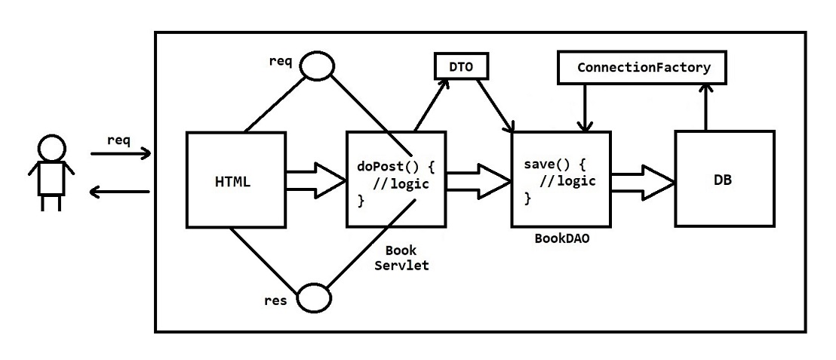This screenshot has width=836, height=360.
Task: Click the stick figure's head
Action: (50, 148)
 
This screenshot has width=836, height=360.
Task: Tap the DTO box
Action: (461, 67)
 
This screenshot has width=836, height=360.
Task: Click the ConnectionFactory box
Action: (644, 68)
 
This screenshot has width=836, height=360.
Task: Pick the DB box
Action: (724, 179)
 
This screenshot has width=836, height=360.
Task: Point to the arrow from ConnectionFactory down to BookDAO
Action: (584, 106)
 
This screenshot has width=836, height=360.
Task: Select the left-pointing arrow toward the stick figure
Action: (120, 192)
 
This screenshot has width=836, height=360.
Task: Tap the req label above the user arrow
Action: (118, 140)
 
